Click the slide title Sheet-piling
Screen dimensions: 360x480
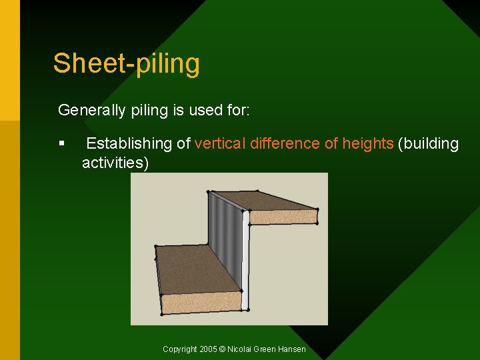click(126, 64)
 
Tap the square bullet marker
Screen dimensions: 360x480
click(61, 143)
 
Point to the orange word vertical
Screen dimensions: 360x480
click(219, 143)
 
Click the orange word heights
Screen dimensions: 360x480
click(367, 143)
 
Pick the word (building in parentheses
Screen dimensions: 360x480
click(429, 143)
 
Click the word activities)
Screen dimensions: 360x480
click(115, 163)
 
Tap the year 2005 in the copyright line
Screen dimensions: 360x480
click(208, 349)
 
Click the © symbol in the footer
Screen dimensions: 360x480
click(222, 349)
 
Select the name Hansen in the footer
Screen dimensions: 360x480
click(291, 349)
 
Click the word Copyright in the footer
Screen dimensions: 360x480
click(180, 349)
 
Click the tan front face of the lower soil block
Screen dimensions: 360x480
click(200, 302)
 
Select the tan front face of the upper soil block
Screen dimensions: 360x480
click(283, 216)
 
